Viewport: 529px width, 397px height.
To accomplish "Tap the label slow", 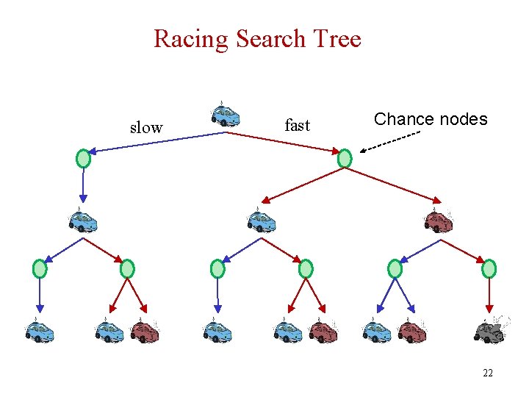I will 145,128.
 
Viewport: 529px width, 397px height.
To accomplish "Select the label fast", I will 297,126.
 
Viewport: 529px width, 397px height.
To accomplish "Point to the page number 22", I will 487,373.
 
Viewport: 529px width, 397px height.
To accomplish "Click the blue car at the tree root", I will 225,115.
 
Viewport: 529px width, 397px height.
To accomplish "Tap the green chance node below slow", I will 84,158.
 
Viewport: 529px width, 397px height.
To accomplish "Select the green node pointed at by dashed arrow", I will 345,158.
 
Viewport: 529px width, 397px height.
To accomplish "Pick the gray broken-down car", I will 489,330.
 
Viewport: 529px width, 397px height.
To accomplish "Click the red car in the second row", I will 439,221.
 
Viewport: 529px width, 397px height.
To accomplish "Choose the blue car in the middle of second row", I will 261,221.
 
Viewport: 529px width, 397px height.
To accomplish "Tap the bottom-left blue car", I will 39,331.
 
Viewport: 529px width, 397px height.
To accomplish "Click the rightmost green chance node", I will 489,269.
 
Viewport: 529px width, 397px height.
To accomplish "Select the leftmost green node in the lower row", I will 40,269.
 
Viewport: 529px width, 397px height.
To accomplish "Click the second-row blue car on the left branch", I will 83,221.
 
